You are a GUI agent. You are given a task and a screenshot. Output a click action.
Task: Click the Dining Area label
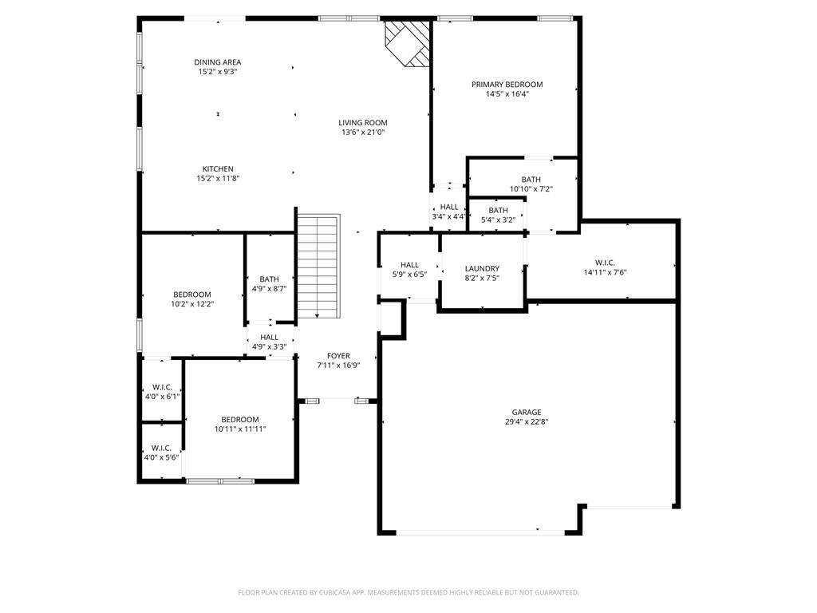[x=218, y=62]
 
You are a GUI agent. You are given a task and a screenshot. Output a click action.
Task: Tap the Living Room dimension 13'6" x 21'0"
[x=363, y=132]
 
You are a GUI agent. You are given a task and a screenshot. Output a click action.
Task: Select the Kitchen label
[x=218, y=169]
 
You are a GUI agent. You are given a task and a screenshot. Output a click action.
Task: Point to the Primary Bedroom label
[x=507, y=85]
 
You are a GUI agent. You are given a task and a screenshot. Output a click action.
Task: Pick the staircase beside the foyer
[x=318, y=266]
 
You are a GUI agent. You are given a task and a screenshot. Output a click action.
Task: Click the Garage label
[x=527, y=413]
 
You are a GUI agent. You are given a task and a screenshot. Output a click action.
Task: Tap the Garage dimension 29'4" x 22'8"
[x=527, y=421]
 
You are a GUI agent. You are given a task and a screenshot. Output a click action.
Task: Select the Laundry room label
[x=482, y=269]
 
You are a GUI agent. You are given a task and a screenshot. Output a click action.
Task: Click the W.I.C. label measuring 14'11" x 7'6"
[x=605, y=263]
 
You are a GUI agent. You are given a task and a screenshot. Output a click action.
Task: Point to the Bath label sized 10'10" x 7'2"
[x=531, y=180]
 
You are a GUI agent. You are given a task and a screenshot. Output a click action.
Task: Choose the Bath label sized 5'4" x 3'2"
[x=498, y=211]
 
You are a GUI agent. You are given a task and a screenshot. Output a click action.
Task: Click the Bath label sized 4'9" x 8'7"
[x=270, y=279]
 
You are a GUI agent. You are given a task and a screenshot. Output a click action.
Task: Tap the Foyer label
[x=338, y=356]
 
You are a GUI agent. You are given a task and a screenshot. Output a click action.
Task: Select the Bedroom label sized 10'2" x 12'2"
[x=192, y=295]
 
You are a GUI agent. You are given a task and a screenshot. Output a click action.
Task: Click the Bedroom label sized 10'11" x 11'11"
[x=240, y=420]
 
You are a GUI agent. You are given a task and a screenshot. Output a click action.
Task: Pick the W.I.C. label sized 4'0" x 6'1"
[x=162, y=387]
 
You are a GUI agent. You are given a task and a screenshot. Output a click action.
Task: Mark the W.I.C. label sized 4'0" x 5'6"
[x=161, y=449]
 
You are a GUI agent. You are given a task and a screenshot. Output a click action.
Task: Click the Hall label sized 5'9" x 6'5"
[x=409, y=265]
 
